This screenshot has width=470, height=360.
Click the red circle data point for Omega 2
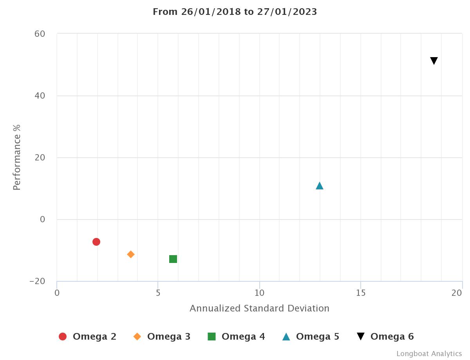[x=96, y=242]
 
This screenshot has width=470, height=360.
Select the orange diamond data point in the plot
[x=131, y=254]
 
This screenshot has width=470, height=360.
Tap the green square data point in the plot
[x=173, y=259]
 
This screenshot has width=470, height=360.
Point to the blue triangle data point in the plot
[x=320, y=186]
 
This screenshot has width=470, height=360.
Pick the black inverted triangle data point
[x=434, y=61]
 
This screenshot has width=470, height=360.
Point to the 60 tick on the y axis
[x=40, y=34]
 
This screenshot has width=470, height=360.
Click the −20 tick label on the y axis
[x=37, y=282]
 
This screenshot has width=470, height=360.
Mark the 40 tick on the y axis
[x=40, y=96]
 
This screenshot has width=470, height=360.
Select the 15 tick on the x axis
[x=361, y=293]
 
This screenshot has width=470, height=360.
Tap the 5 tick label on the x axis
[x=158, y=293]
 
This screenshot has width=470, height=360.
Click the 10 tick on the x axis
[x=259, y=293]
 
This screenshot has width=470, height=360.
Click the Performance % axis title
[x=16, y=157]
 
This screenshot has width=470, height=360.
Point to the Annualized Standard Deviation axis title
[x=259, y=308]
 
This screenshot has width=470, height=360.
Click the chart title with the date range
[x=235, y=12]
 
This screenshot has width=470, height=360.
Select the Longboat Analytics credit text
[x=429, y=354]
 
